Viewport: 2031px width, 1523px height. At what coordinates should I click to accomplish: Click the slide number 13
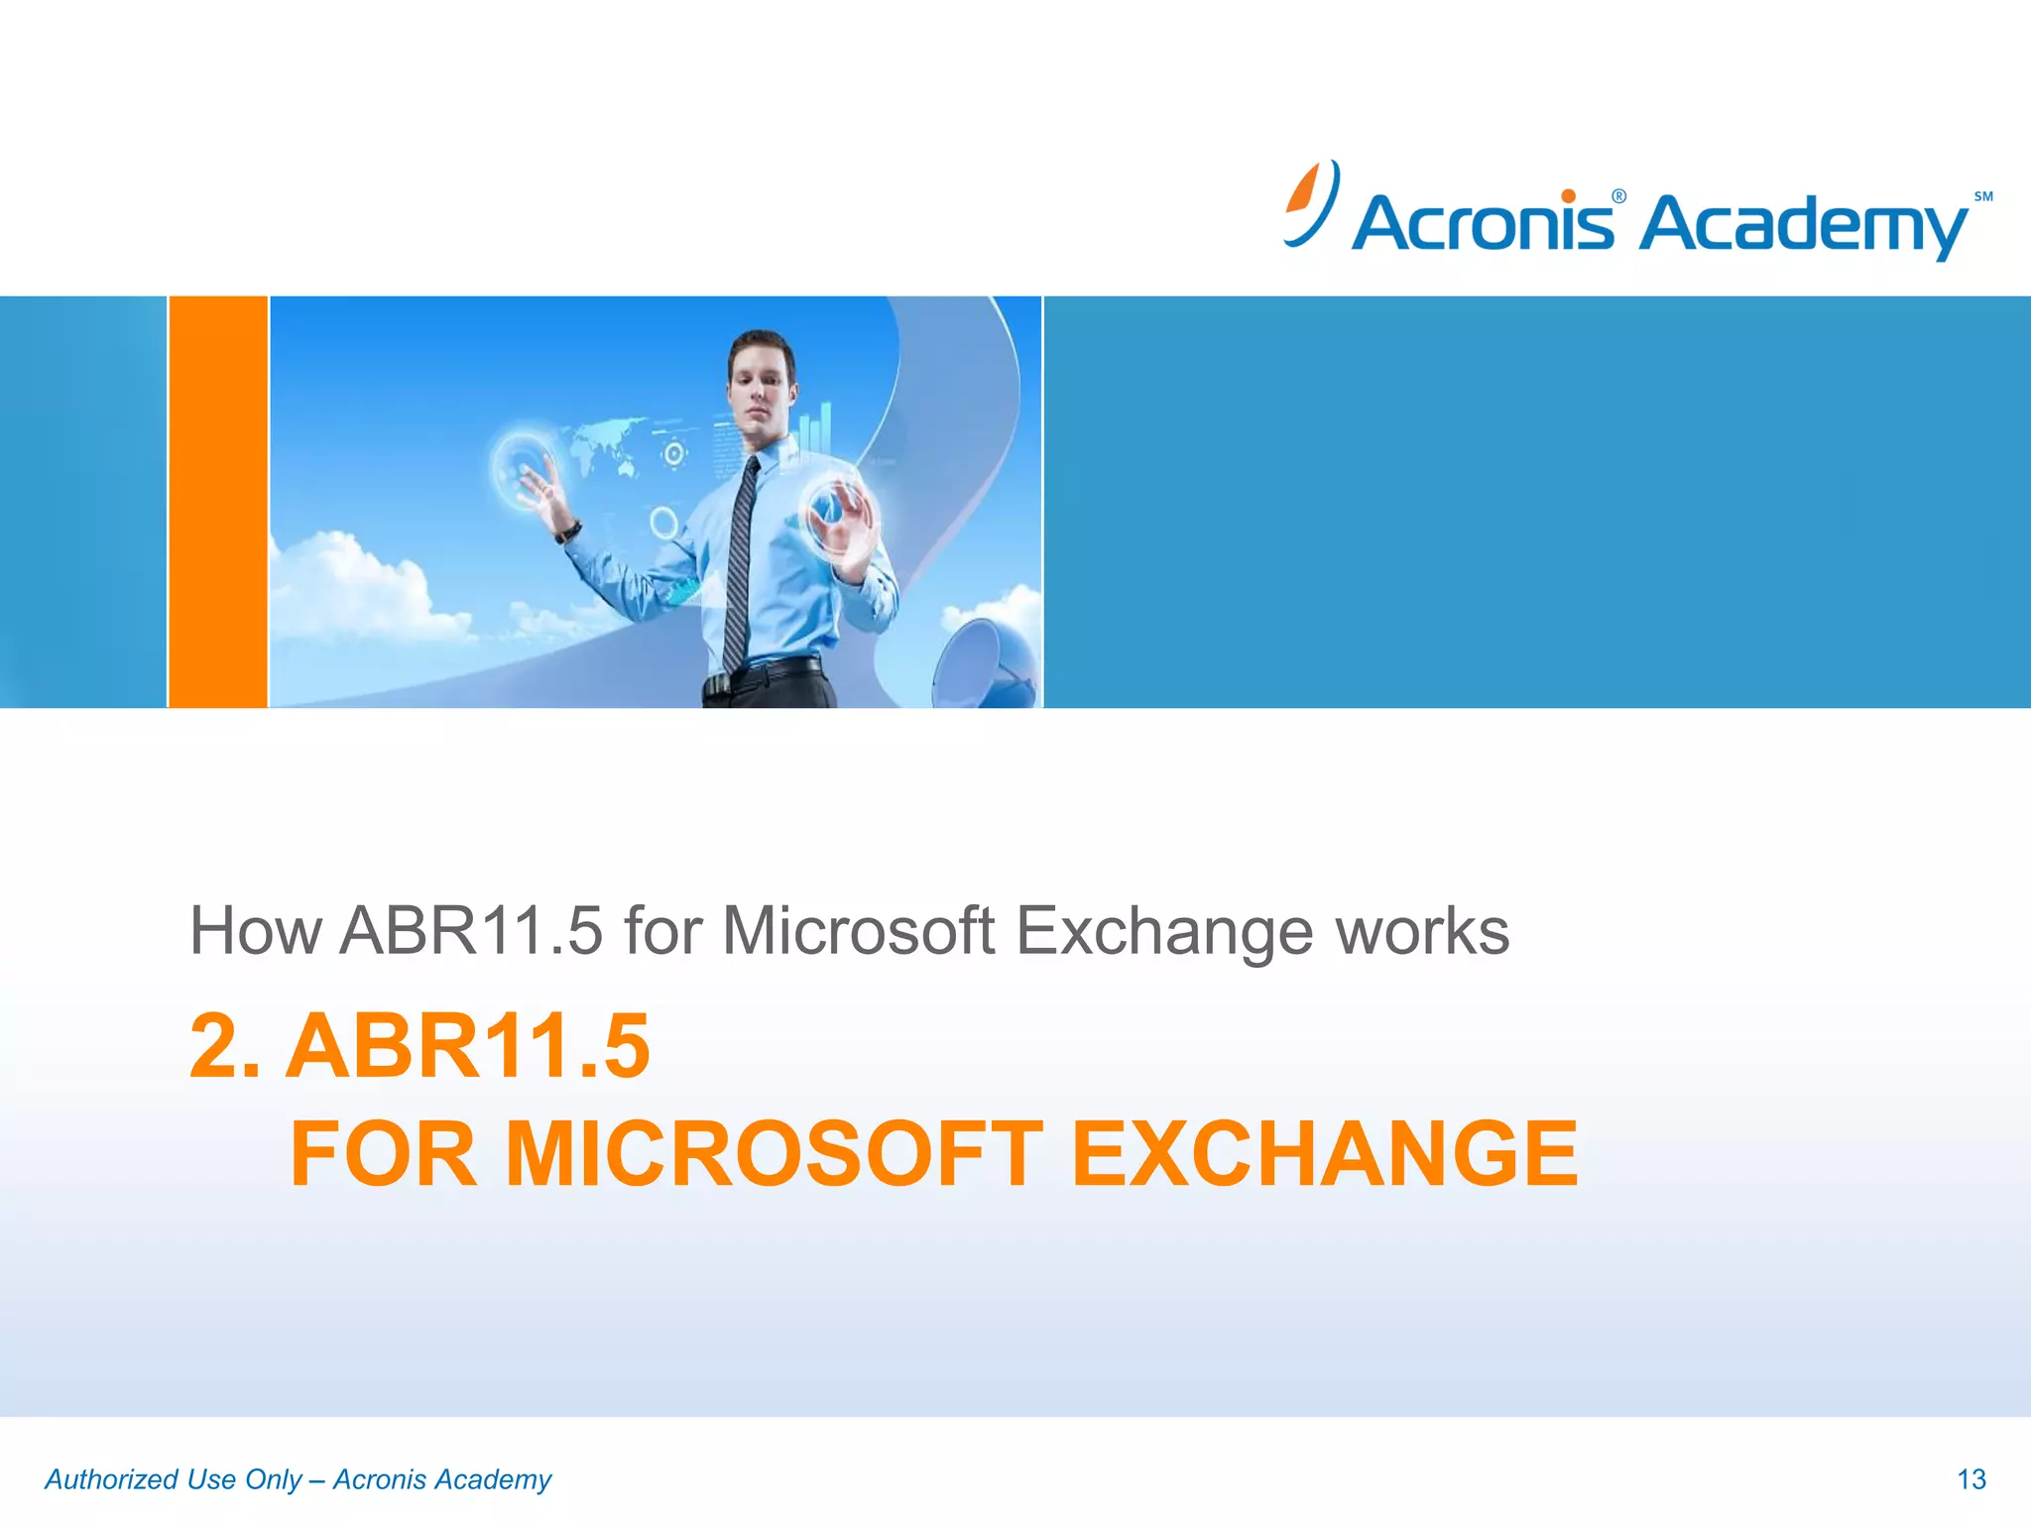point(1971,1479)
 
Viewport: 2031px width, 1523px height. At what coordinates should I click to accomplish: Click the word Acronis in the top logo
point(1482,222)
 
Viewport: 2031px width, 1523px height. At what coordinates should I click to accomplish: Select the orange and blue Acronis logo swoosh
point(1311,203)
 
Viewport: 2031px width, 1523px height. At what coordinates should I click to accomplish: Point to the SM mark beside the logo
point(1983,196)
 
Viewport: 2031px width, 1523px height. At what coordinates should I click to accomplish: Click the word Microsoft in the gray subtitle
point(858,931)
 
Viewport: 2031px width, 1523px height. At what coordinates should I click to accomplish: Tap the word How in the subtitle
point(256,931)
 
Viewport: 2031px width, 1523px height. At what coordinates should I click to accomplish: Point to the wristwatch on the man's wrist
point(569,531)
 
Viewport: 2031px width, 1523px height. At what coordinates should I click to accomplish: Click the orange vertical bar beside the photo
point(218,502)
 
